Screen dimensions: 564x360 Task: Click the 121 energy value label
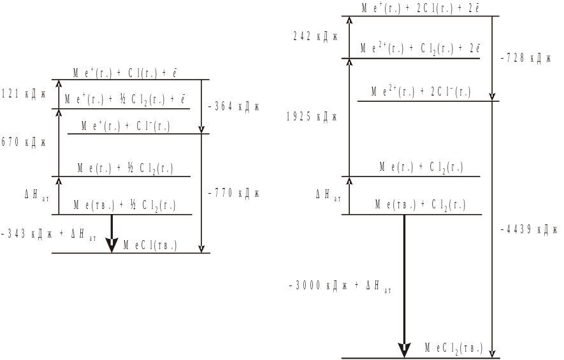pos(24,93)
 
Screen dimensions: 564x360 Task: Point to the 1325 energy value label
pos(311,117)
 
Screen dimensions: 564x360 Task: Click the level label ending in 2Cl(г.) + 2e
pos(421,8)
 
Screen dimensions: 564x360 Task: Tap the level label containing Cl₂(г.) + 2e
pos(421,48)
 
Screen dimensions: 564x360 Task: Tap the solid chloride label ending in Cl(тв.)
pos(150,245)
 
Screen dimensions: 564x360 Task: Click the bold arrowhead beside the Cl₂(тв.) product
pos(404,350)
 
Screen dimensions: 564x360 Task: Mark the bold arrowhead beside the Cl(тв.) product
pos(112,245)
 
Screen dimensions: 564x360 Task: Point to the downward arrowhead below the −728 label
pos(493,97)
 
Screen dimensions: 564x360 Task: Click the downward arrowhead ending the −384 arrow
pos(201,129)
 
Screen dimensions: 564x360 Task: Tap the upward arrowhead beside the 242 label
pos(349,20)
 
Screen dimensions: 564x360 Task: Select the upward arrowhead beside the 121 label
pos(59,83)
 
